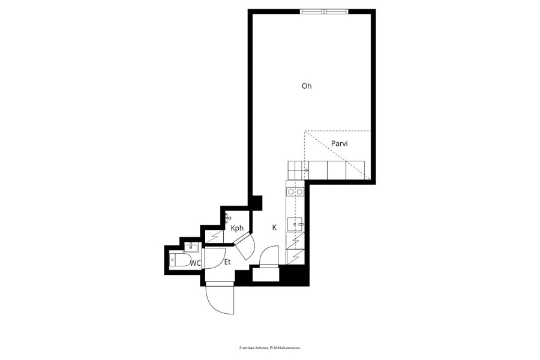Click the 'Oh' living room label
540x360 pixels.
307,86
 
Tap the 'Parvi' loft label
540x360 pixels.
339,143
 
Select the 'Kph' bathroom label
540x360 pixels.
237,228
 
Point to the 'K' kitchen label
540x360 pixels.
274,227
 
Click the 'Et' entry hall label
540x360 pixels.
227,262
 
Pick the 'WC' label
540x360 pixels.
195,263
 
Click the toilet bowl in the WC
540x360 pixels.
180,260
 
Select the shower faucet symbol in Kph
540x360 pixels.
227,218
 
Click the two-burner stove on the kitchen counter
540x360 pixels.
296,191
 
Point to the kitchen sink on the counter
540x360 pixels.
295,224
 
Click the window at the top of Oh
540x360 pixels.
324,11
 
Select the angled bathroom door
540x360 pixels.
244,245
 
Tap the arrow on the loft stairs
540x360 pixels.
306,170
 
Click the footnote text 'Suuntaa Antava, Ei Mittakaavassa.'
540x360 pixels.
270,348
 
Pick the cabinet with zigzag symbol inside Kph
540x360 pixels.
214,236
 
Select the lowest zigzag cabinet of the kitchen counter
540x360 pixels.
295,257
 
